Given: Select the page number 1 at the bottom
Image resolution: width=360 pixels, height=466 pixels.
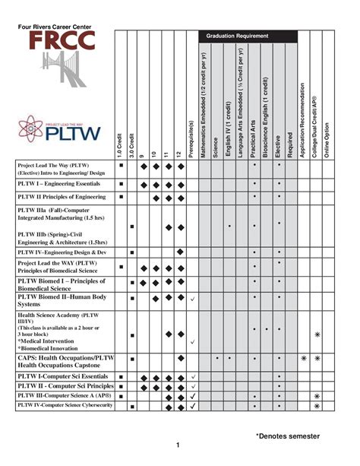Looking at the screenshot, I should (x=177, y=445).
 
